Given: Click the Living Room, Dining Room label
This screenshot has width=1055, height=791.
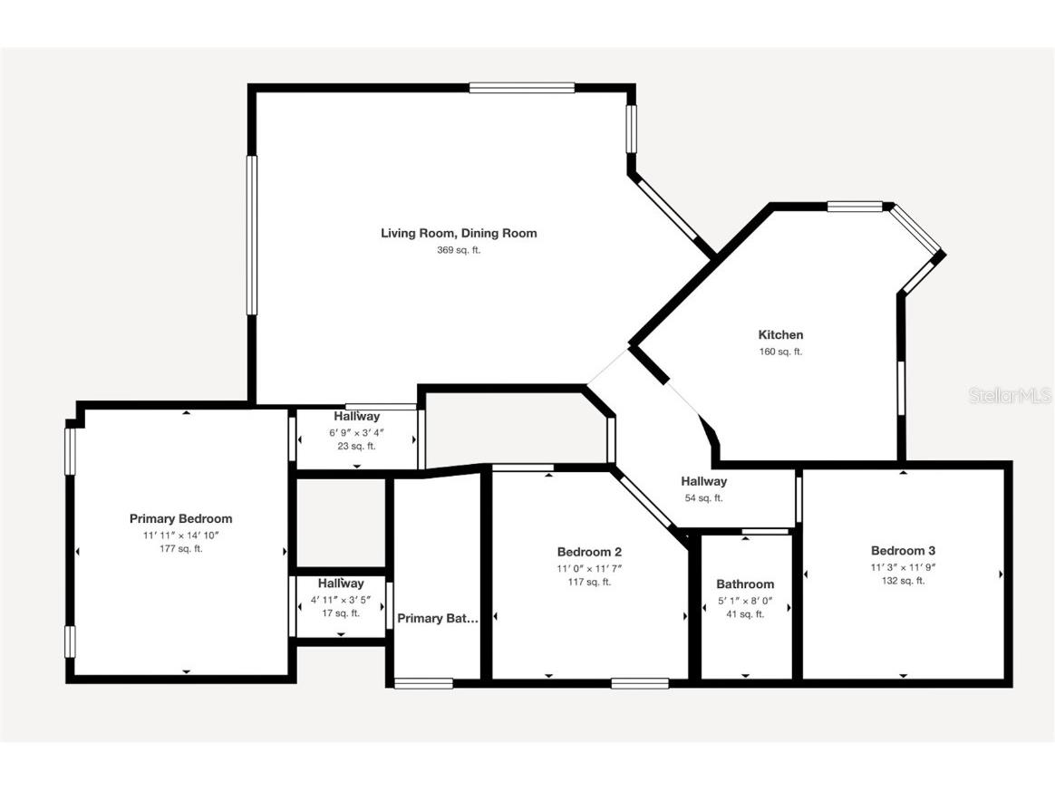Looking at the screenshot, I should pyautogui.click(x=458, y=234).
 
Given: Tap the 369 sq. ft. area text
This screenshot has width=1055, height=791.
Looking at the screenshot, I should pyautogui.click(x=458, y=250).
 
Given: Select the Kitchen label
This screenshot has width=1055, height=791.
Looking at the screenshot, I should pyautogui.click(x=780, y=335).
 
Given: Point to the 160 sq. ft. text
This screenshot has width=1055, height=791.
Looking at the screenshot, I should pyautogui.click(x=780, y=352).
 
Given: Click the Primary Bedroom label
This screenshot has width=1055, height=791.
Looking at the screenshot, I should pyautogui.click(x=180, y=519).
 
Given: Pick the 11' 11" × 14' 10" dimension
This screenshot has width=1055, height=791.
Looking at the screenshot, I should pyautogui.click(x=180, y=535).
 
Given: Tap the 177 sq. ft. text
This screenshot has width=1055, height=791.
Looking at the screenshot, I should pyautogui.click(x=180, y=549).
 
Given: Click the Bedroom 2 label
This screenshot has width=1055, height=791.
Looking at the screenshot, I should pyautogui.click(x=589, y=552).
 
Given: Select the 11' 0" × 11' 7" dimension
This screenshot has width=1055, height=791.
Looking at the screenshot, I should pyautogui.click(x=589, y=568).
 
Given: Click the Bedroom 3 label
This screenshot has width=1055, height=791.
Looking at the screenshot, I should pyautogui.click(x=903, y=551).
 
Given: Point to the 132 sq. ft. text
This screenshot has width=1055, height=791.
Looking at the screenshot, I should pyautogui.click(x=903, y=581).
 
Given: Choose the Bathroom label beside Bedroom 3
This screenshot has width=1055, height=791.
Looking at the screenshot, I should pyautogui.click(x=745, y=584).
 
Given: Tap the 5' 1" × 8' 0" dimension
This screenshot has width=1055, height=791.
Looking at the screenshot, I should pyautogui.click(x=745, y=600).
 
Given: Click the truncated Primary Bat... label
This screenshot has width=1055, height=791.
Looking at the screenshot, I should pyautogui.click(x=438, y=619).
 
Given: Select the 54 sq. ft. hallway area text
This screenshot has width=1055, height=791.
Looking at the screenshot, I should pyautogui.click(x=703, y=498).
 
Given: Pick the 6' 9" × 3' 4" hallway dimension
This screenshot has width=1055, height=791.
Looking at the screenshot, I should pyautogui.click(x=356, y=432).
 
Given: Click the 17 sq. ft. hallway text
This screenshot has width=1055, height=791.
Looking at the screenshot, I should pyautogui.click(x=341, y=613).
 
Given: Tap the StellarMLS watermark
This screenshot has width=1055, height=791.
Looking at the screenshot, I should pyautogui.click(x=1010, y=396).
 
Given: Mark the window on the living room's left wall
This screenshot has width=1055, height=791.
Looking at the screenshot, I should pyautogui.click(x=252, y=236).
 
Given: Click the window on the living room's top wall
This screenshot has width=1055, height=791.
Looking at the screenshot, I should pyautogui.click(x=522, y=88).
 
